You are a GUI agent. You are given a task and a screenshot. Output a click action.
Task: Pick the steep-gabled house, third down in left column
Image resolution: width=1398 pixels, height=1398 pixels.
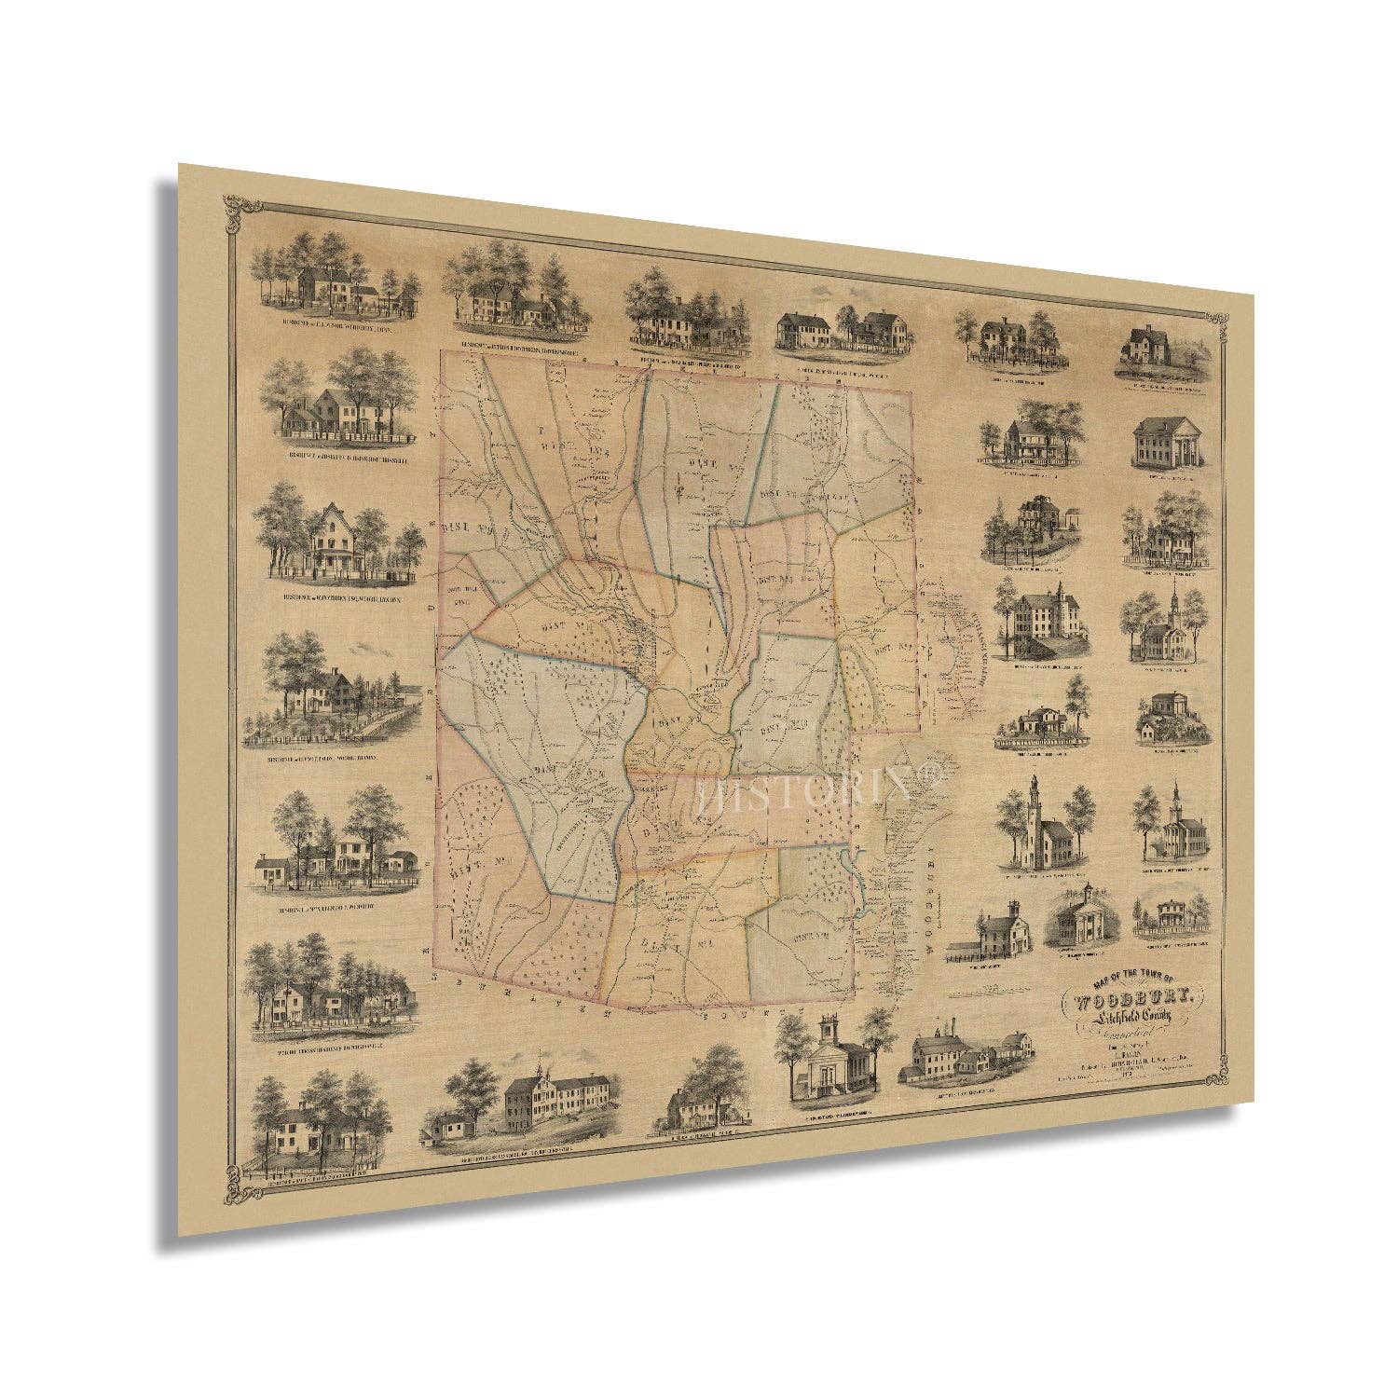(x=336, y=536)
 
